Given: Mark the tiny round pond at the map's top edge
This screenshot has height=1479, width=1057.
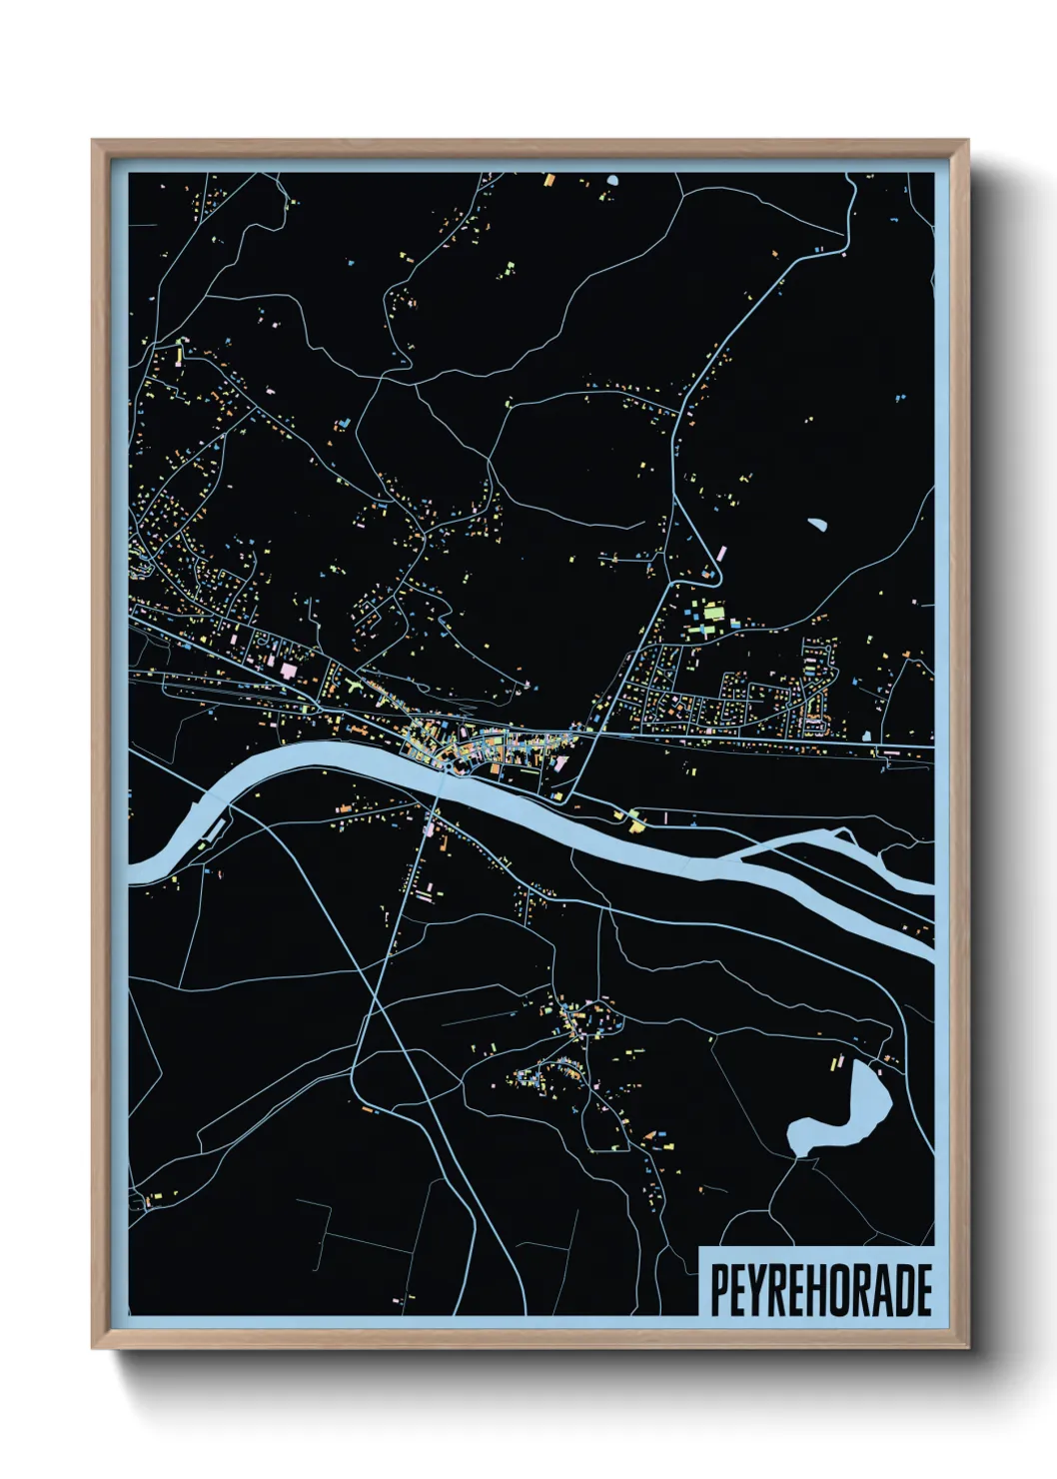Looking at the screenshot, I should pyautogui.click(x=611, y=181).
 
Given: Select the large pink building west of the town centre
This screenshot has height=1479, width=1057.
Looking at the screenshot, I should pyautogui.click(x=289, y=670).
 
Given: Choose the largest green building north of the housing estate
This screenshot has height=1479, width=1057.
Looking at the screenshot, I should pyautogui.click(x=713, y=611).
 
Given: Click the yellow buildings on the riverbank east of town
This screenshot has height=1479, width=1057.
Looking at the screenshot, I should pyautogui.click(x=634, y=823).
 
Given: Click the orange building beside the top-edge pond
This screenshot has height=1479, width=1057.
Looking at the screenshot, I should pyautogui.click(x=548, y=181).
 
